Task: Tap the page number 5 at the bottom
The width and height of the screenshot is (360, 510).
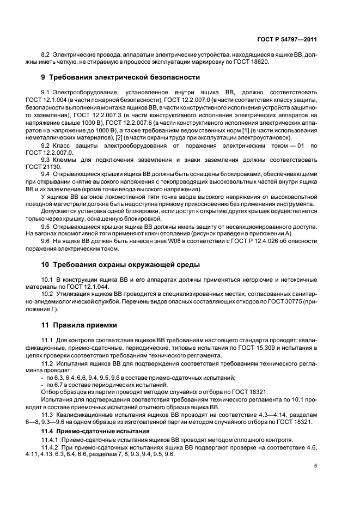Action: click(x=316, y=466)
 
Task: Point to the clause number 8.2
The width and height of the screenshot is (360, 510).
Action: click(x=46, y=55)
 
